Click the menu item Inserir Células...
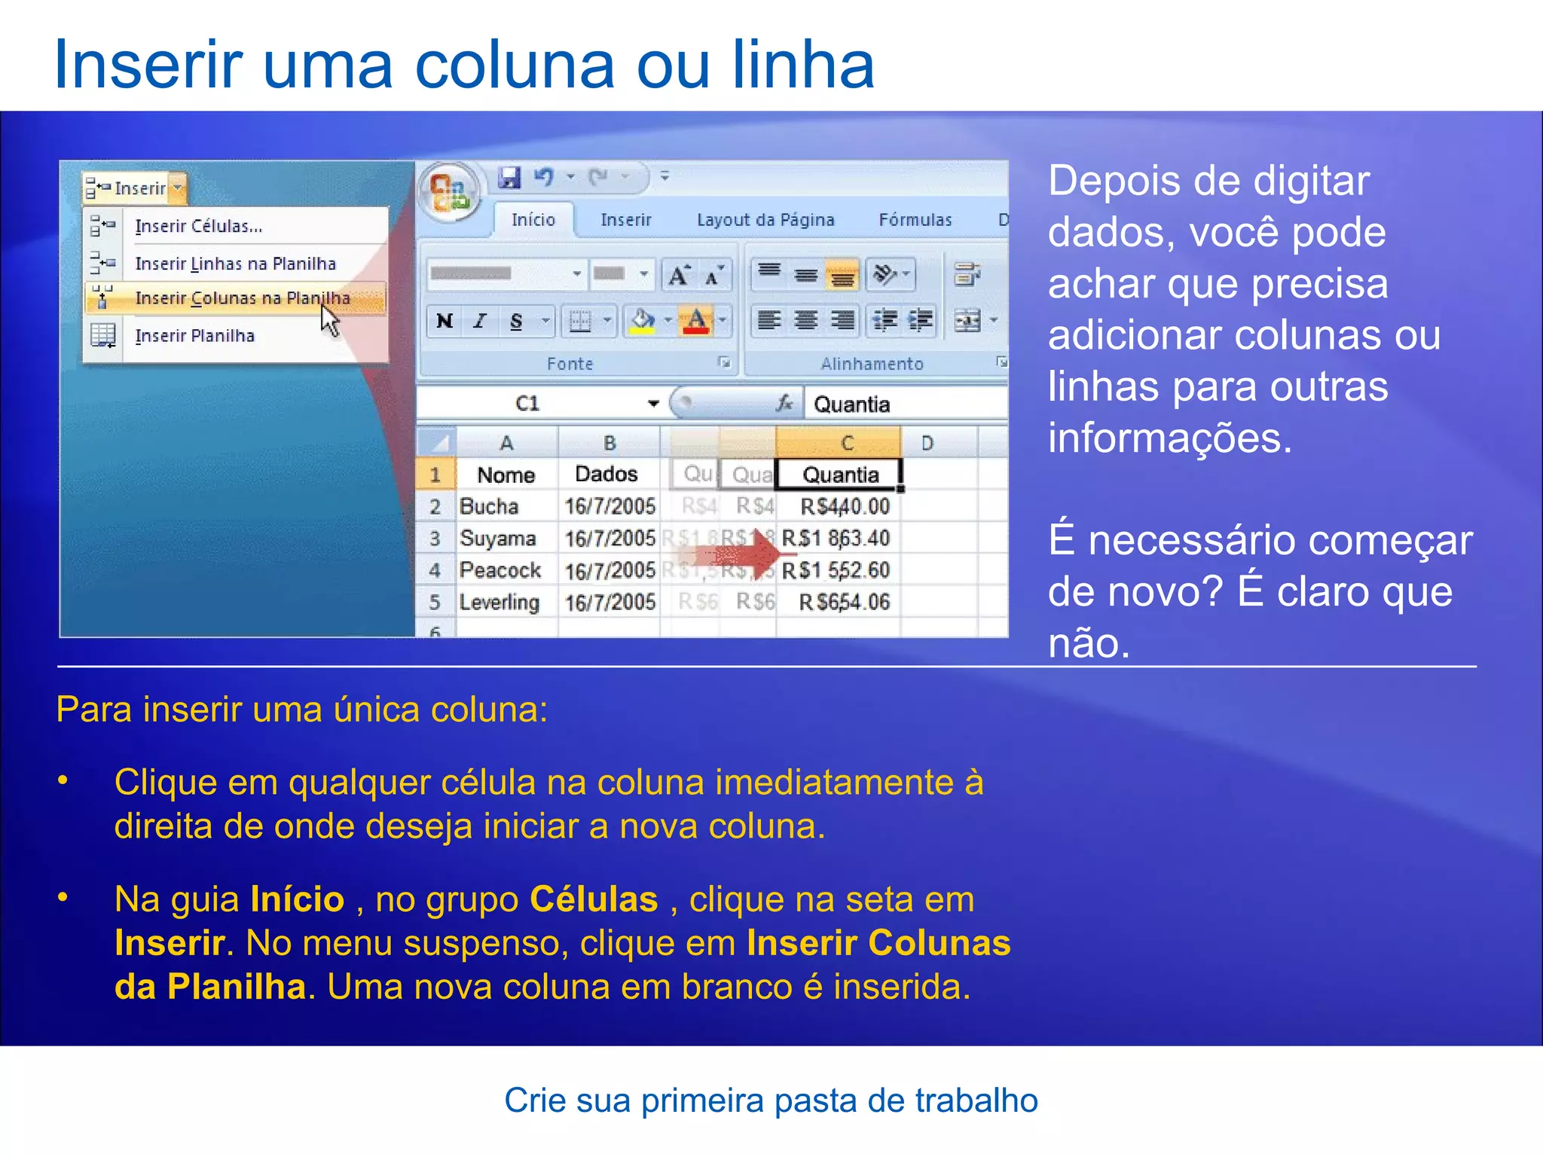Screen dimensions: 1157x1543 point(199,226)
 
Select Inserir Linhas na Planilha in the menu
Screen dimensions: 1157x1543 point(235,264)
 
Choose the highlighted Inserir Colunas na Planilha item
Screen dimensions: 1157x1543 point(242,298)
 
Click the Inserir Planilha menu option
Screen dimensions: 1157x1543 point(194,336)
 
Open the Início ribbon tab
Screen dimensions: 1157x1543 point(533,220)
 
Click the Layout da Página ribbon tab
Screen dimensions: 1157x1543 point(765,220)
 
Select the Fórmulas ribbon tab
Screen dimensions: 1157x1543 point(915,220)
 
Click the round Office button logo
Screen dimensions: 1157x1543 point(450,192)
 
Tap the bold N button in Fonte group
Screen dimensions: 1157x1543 point(445,322)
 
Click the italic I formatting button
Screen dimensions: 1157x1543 point(480,322)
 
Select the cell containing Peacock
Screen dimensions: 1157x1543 point(500,570)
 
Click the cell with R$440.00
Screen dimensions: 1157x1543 point(845,506)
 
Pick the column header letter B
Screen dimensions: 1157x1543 point(610,443)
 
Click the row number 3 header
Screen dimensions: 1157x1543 point(435,538)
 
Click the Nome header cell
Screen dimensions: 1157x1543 point(506,475)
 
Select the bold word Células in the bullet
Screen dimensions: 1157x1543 point(594,899)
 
